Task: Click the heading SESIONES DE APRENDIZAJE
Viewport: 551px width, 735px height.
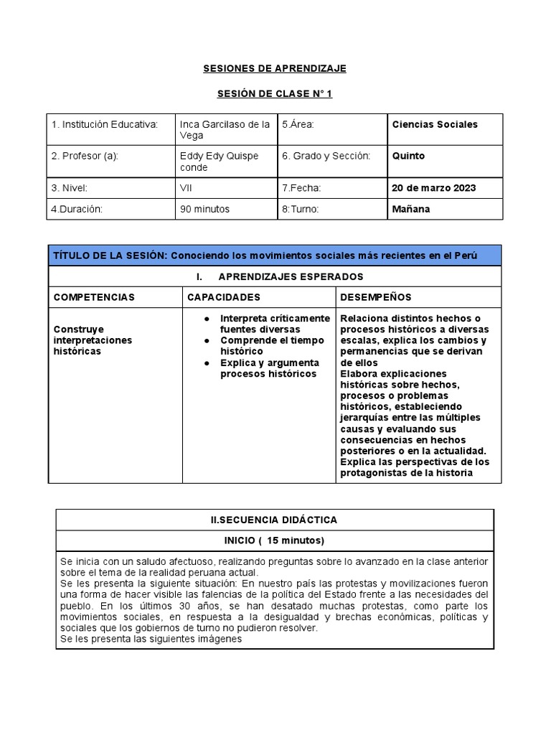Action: (275, 68)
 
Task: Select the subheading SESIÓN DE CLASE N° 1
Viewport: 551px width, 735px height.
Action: (275, 94)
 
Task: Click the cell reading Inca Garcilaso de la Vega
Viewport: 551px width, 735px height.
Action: (225, 130)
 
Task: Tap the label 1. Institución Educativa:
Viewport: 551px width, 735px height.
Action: (104, 125)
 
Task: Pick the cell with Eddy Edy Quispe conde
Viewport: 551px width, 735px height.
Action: (219, 161)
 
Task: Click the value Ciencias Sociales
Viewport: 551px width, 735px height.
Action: (434, 125)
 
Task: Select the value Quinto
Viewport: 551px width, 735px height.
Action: (408, 156)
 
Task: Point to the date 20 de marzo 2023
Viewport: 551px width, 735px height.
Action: (433, 188)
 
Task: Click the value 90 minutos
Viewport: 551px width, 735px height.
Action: (204, 209)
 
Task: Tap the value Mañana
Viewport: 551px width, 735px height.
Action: (411, 209)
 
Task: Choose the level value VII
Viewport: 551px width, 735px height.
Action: (187, 188)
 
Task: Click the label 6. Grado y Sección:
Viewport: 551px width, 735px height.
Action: (326, 156)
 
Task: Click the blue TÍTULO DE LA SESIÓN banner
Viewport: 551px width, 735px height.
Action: (275, 256)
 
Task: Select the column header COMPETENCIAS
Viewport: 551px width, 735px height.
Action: (94, 297)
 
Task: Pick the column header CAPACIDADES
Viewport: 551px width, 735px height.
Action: (224, 297)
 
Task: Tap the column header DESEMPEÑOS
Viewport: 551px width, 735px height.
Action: (376, 297)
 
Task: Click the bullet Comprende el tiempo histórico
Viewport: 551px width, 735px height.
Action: (272, 346)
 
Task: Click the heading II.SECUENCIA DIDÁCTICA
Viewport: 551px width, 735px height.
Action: (275, 520)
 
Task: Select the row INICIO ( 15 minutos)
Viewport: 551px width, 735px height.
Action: (275, 540)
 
